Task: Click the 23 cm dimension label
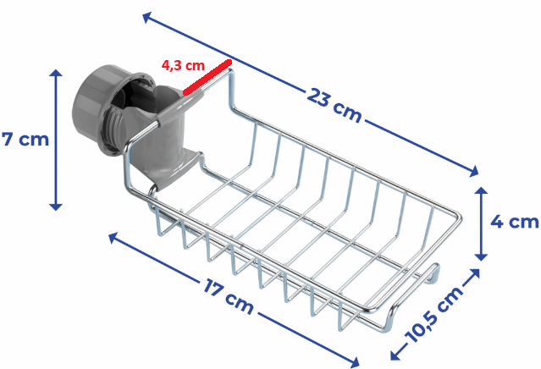coord(334,105)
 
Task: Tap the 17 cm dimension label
coord(229,296)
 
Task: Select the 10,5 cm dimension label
coord(434,315)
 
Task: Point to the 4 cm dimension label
coord(515,222)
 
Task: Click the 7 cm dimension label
coord(25,140)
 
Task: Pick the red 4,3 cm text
coord(183,65)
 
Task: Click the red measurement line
coord(207,77)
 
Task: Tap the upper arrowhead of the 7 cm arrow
coord(56,73)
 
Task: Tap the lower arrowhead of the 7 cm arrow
coord(56,207)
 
